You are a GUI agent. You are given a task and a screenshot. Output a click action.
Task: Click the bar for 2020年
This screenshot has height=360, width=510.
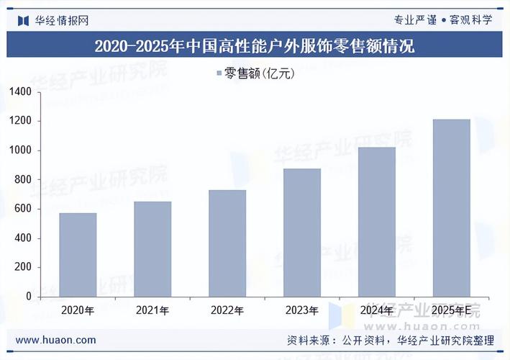78,254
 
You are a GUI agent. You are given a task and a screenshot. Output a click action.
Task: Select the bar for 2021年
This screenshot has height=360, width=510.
152,248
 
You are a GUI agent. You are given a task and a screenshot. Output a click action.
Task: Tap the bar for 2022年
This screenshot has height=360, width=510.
227,243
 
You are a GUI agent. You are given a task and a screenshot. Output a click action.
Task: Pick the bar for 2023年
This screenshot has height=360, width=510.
302,232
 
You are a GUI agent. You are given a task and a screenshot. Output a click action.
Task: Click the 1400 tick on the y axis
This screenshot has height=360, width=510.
21,92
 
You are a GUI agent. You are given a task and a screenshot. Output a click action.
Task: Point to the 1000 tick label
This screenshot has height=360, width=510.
21,150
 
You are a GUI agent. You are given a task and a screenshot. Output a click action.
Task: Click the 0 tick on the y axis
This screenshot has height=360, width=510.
29,296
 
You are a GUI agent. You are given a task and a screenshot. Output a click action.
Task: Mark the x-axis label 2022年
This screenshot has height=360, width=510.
227,311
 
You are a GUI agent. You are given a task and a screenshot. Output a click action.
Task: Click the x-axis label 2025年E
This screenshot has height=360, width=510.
452,311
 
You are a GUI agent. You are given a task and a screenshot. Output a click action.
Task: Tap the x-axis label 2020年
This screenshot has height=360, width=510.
78,311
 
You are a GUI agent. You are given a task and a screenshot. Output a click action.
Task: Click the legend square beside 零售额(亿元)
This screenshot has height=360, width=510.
218,73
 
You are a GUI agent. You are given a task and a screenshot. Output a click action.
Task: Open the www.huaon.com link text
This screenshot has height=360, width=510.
55,340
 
